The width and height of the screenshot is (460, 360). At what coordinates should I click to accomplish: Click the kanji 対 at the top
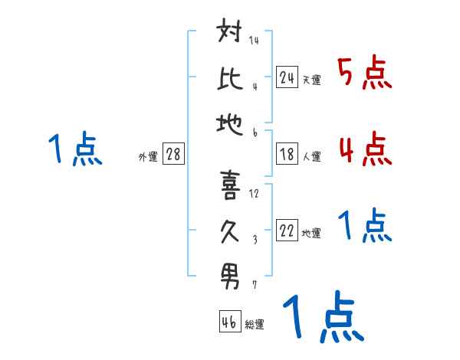click(230, 34)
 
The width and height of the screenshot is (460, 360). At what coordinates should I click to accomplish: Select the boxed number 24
click(287, 77)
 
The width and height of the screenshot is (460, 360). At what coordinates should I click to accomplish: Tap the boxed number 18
click(287, 154)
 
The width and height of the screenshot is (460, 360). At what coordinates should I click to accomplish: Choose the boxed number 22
click(287, 231)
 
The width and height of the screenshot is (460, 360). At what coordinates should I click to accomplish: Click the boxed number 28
click(173, 155)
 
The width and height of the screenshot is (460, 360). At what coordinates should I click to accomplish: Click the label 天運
click(311, 80)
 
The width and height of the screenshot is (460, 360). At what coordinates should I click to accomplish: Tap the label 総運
click(255, 325)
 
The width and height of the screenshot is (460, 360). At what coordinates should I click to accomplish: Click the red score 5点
click(365, 73)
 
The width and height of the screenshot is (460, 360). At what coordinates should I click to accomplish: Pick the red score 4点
click(365, 149)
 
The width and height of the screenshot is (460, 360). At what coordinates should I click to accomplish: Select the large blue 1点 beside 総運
click(322, 319)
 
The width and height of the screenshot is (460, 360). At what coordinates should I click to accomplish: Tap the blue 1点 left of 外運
click(74, 149)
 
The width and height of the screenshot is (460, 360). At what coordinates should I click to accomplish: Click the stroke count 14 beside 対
click(254, 40)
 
